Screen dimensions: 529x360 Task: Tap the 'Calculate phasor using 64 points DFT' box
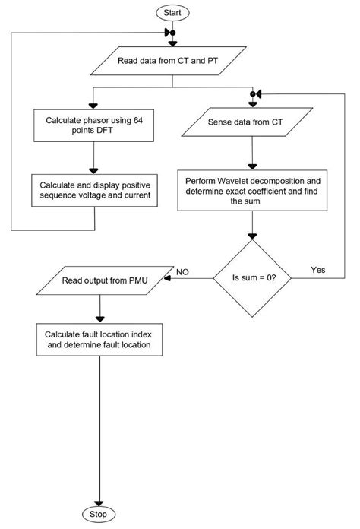[93, 125]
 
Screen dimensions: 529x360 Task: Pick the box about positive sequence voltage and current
[93, 189]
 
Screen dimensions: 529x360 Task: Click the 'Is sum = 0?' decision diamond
[254, 279]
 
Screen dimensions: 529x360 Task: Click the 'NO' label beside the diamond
[182, 271]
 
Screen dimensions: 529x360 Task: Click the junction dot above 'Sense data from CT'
[254, 94]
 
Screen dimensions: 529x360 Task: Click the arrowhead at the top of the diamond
[254, 237]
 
